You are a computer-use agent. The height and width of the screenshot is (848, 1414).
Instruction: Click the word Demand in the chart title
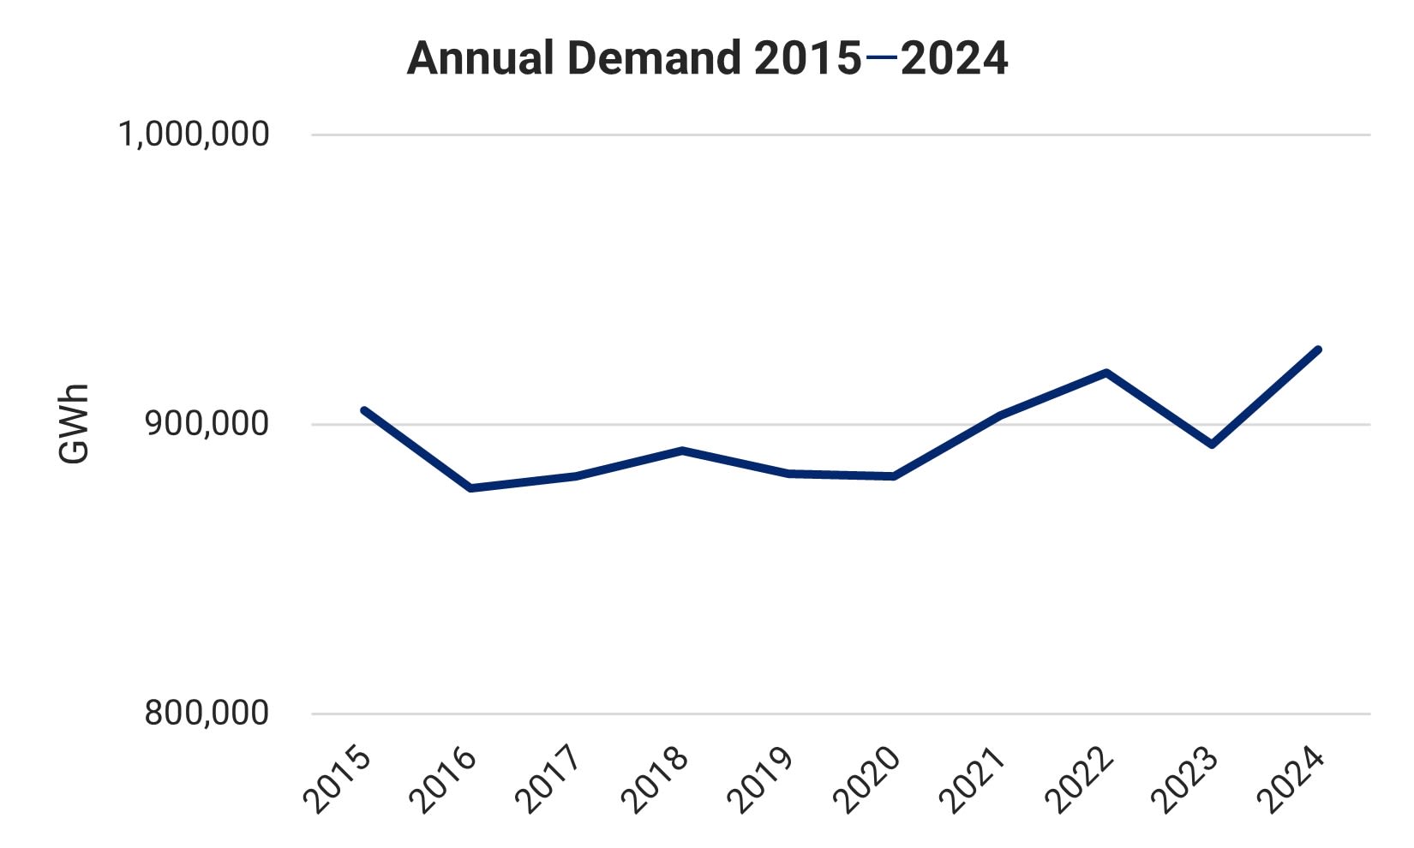click(654, 59)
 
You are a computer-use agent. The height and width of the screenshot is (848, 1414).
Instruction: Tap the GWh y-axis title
click(75, 424)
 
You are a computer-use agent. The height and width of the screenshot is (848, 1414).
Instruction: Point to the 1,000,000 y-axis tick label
click(194, 134)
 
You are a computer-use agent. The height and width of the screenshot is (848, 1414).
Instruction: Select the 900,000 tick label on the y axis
click(207, 424)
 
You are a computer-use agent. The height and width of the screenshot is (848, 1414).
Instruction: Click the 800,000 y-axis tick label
click(207, 713)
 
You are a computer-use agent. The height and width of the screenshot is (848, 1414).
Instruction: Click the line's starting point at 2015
click(364, 410)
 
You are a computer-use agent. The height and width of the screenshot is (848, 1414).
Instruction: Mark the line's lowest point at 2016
click(470, 488)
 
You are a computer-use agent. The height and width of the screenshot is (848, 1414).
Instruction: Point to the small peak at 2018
click(682, 450)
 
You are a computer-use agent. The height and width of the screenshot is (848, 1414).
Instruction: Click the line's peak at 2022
click(1106, 373)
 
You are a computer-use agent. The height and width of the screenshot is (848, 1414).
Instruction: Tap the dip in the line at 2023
click(1212, 445)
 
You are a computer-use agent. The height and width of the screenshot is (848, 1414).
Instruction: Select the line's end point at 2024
click(1318, 349)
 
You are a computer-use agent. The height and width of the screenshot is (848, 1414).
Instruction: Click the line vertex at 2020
click(894, 476)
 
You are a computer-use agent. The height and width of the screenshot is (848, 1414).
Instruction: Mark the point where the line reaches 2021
click(1000, 415)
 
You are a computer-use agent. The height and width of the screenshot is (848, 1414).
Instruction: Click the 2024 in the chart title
click(954, 59)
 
